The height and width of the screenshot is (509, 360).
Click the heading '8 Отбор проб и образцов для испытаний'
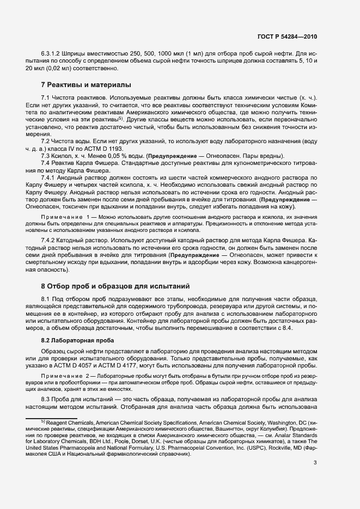(x=117, y=286)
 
